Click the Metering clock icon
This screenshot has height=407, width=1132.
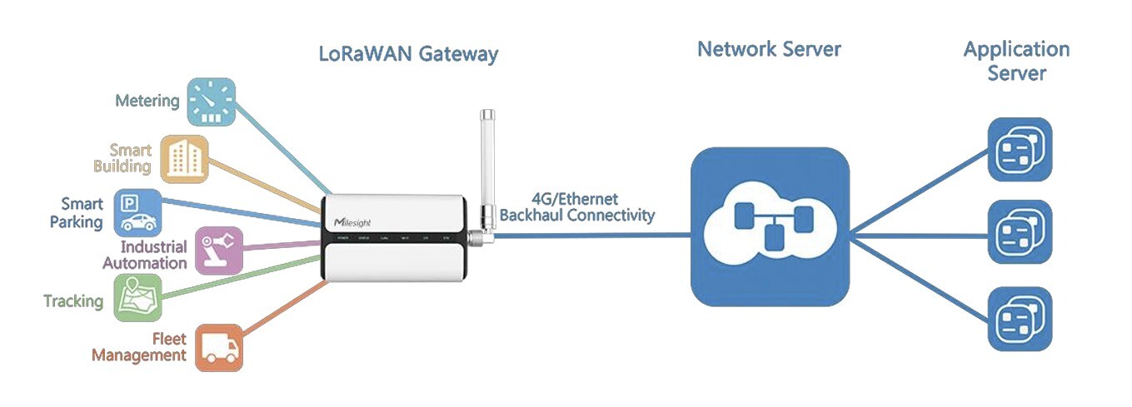coord(210,102)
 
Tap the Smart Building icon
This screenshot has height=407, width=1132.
coord(183,158)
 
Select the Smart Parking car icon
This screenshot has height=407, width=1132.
coord(137,212)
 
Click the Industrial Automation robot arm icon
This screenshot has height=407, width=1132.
coord(218,250)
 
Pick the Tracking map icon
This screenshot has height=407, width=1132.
coord(137,297)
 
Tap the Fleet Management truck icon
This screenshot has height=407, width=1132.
coord(219,347)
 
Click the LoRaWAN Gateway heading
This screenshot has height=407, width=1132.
coord(408,55)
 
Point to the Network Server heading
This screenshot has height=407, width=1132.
coord(768,49)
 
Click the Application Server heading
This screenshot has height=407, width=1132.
coord(1016,61)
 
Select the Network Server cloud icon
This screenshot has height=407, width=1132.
coord(770,226)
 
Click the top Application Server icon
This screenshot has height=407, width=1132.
coord(1020,150)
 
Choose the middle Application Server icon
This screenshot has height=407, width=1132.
coord(1020,231)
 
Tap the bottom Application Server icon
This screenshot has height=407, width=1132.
coord(1020,319)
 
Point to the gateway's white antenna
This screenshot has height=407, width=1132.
coord(486,166)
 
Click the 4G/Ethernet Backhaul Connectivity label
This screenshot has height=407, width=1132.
coord(576,207)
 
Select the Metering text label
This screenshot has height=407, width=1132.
coord(147,102)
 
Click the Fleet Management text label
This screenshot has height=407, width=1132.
coord(139,347)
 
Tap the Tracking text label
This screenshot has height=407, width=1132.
coord(73,301)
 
